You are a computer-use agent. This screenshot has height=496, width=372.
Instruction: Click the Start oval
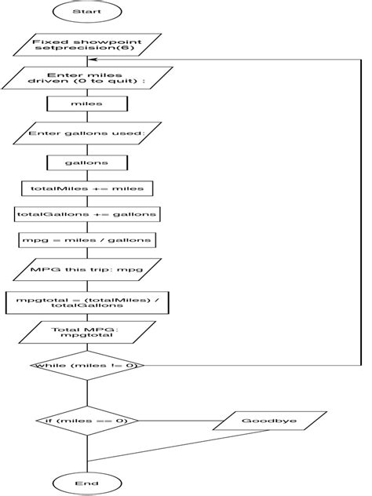(x=87, y=12)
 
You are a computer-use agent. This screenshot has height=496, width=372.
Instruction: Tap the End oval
(x=87, y=483)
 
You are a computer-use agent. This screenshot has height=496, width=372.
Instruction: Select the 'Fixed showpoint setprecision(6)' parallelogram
(x=87, y=45)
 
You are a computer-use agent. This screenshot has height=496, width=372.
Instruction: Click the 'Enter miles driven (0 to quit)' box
(x=87, y=78)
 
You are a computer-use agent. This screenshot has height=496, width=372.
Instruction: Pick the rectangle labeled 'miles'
(x=87, y=104)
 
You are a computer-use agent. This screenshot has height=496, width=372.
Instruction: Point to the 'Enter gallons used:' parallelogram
(x=87, y=133)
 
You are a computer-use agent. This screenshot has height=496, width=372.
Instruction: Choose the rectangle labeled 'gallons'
(x=87, y=163)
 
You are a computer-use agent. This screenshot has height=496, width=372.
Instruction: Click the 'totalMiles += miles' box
(x=87, y=188)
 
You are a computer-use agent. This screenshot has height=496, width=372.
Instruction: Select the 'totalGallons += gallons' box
(x=87, y=214)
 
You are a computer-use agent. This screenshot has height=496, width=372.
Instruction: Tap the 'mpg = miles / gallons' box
(x=87, y=240)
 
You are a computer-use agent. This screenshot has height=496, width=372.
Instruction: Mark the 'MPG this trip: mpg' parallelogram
(x=87, y=269)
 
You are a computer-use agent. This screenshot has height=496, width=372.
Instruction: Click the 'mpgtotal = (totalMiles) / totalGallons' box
(x=87, y=303)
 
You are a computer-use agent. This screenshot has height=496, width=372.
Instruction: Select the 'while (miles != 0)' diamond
(x=87, y=366)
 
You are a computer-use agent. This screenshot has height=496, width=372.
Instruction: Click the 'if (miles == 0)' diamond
(x=87, y=421)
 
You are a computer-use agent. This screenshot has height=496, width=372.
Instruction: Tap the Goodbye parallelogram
(x=269, y=421)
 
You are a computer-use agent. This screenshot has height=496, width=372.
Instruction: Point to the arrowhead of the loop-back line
(x=92, y=59)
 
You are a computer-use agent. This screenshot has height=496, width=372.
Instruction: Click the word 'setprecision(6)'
(x=85, y=48)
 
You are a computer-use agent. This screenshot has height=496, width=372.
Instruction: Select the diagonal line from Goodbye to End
(x=178, y=446)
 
